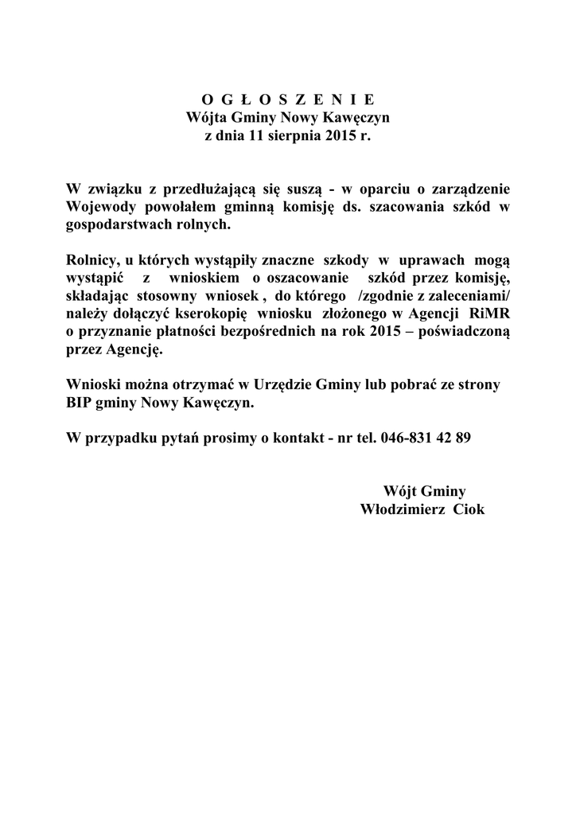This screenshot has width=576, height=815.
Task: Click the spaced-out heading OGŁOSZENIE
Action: click(x=287, y=100)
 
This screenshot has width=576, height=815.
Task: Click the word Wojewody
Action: click(x=98, y=207)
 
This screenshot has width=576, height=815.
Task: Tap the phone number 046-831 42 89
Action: click(x=426, y=439)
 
